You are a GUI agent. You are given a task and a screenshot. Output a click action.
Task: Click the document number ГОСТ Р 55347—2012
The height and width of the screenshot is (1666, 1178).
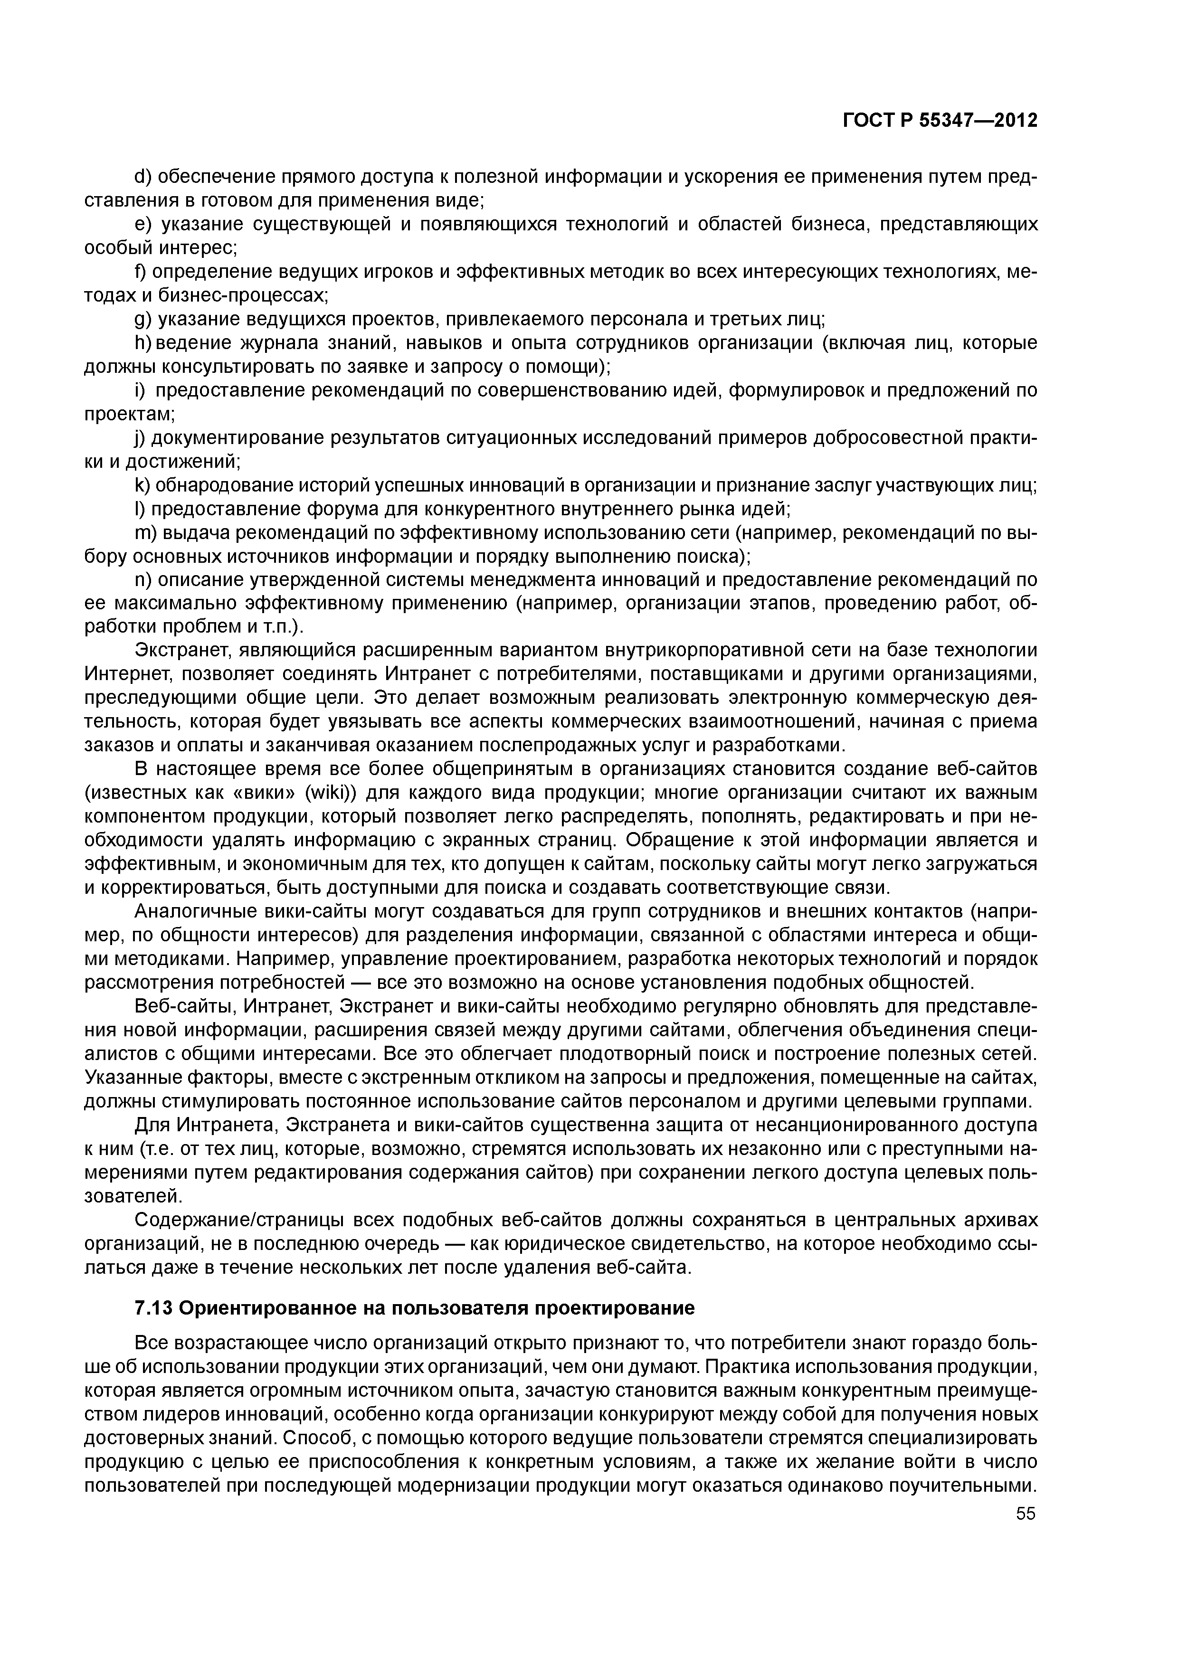click(x=940, y=120)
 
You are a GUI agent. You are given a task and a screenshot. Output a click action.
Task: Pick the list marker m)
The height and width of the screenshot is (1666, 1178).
click(x=146, y=533)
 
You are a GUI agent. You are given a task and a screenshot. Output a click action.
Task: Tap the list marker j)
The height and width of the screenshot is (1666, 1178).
click(x=142, y=438)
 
